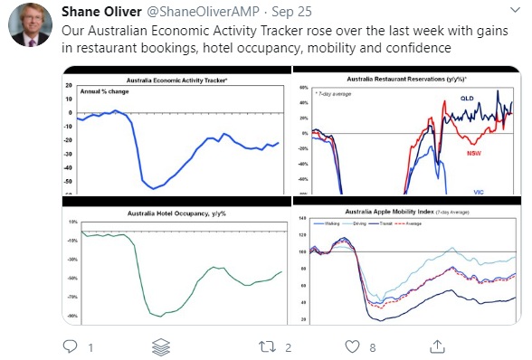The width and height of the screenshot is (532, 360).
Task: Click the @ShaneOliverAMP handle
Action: (x=198, y=11)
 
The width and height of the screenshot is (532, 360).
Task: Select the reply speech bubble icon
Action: (x=70, y=346)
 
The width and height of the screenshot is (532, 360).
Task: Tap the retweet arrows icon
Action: (x=268, y=346)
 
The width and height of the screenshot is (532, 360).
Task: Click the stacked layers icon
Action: (x=162, y=346)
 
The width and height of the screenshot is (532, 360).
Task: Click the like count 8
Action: (x=373, y=346)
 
